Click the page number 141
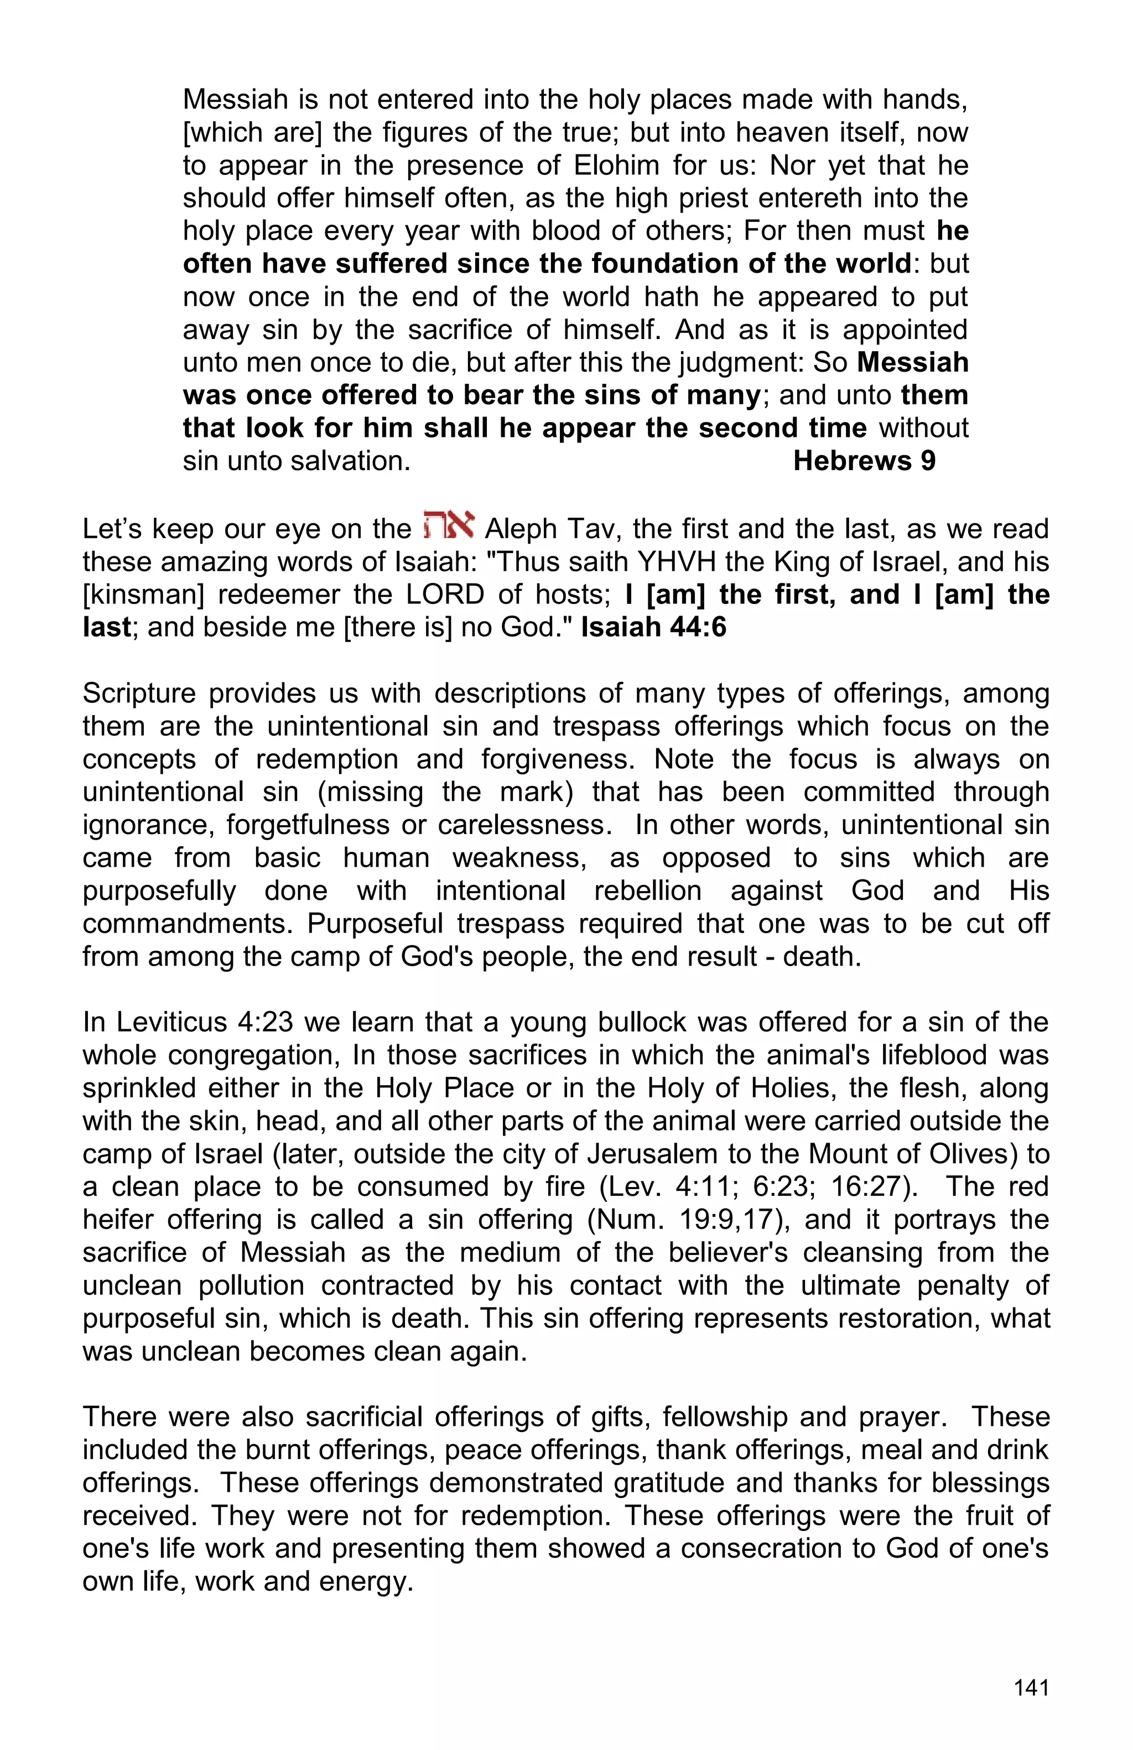pos(1031,1687)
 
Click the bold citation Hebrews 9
pos(864,461)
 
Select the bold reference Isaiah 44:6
pos(653,627)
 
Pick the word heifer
pos(118,1220)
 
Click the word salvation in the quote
pos(351,461)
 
